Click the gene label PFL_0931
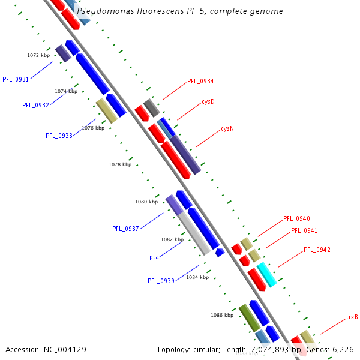[16, 79]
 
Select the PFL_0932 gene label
[35, 105]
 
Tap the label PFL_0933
[59, 136]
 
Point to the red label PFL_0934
[200, 81]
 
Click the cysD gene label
[208, 101]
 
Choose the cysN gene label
[227, 128]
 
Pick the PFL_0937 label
[125, 229]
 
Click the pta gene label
[154, 257]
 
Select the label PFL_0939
[161, 281]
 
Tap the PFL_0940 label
[296, 218]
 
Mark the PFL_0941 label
[304, 230]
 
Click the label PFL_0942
[317, 250]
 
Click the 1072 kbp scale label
[38, 55]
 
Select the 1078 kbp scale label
[120, 164]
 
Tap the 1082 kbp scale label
[172, 239]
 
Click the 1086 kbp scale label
[221, 314]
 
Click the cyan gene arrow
[266, 275]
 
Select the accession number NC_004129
[65, 349]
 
